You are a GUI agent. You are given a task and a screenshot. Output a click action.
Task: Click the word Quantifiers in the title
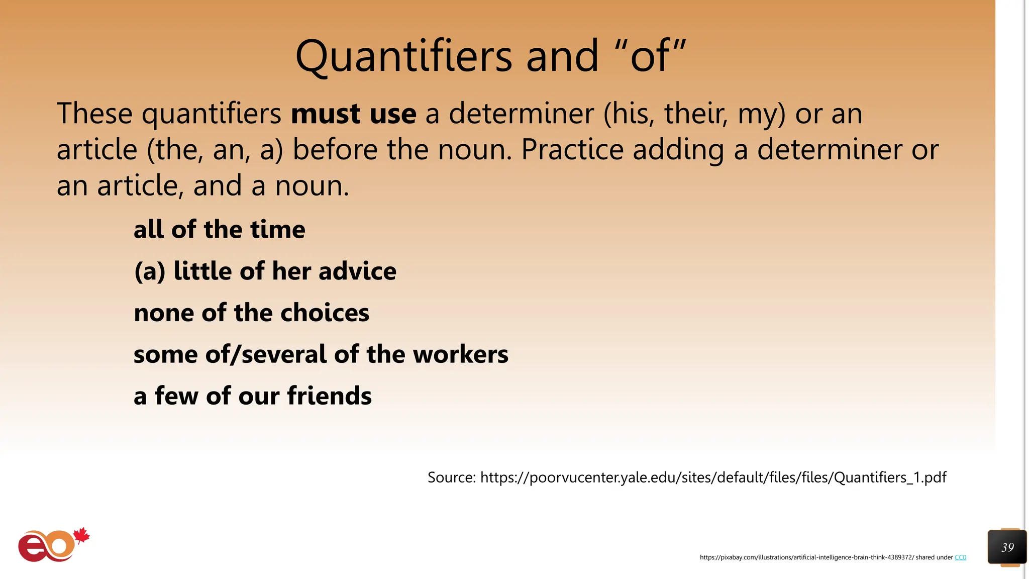(x=403, y=56)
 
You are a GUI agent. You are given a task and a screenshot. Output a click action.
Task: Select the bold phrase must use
(x=353, y=114)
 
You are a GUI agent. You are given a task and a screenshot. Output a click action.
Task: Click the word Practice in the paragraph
(x=572, y=150)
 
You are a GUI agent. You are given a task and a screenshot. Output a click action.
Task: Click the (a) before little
(x=150, y=271)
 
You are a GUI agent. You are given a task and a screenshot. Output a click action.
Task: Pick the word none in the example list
(x=164, y=313)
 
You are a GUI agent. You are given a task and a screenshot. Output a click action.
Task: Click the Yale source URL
(x=713, y=477)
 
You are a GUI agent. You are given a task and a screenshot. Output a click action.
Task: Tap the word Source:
(x=451, y=477)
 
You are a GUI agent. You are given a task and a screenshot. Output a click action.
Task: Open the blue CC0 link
(x=960, y=557)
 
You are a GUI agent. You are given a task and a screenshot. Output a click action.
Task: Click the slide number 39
(x=1007, y=547)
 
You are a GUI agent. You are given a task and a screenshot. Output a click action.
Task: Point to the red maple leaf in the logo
(x=81, y=536)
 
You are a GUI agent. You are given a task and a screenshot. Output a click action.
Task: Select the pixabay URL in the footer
(x=806, y=557)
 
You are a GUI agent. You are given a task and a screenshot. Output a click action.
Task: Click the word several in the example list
(x=285, y=354)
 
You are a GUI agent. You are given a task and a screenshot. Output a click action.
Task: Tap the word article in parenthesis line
(x=96, y=150)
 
